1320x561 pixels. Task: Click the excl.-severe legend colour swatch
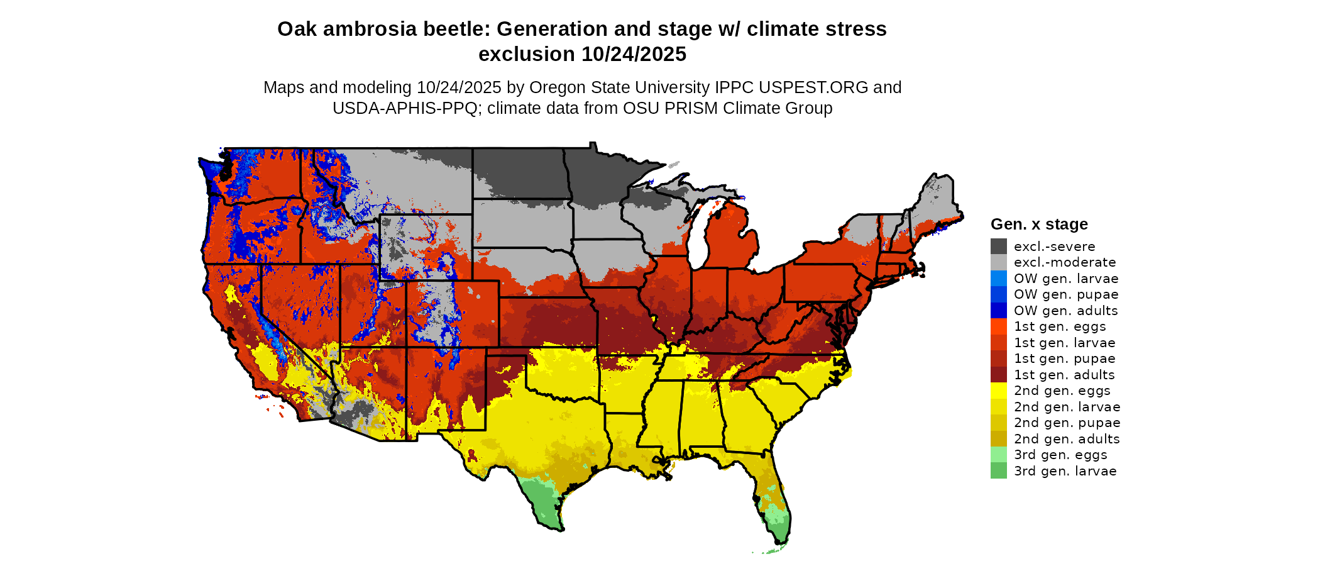click(x=998, y=247)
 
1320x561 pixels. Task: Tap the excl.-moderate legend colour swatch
click(x=998, y=262)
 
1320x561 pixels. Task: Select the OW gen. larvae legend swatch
click(x=998, y=279)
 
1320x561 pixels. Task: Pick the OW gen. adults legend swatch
click(x=998, y=311)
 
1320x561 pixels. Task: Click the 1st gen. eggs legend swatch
click(x=998, y=326)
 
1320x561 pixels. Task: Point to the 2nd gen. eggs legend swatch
click(x=998, y=391)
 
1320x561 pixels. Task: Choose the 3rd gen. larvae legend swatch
click(x=998, y=471)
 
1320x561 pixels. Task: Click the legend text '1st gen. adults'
click(x=1064, y=375)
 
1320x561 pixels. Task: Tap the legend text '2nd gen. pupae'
click(x=1067, y=423)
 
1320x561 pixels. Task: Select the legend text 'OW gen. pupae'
click(x=1066, y=294)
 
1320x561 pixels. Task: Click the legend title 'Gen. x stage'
click(x=1039, y=225)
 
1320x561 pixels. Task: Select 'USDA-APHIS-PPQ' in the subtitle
click(x=405, y=108)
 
